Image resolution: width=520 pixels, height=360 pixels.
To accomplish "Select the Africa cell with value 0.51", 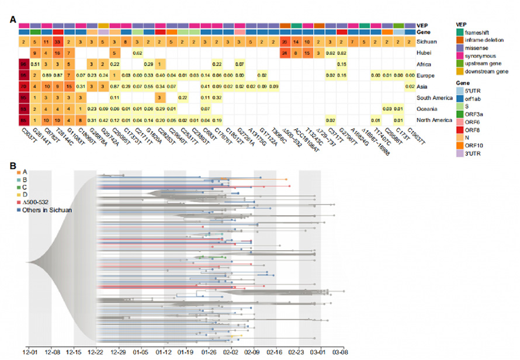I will [36, 64].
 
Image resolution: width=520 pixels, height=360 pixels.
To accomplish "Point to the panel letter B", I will [12, 165].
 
